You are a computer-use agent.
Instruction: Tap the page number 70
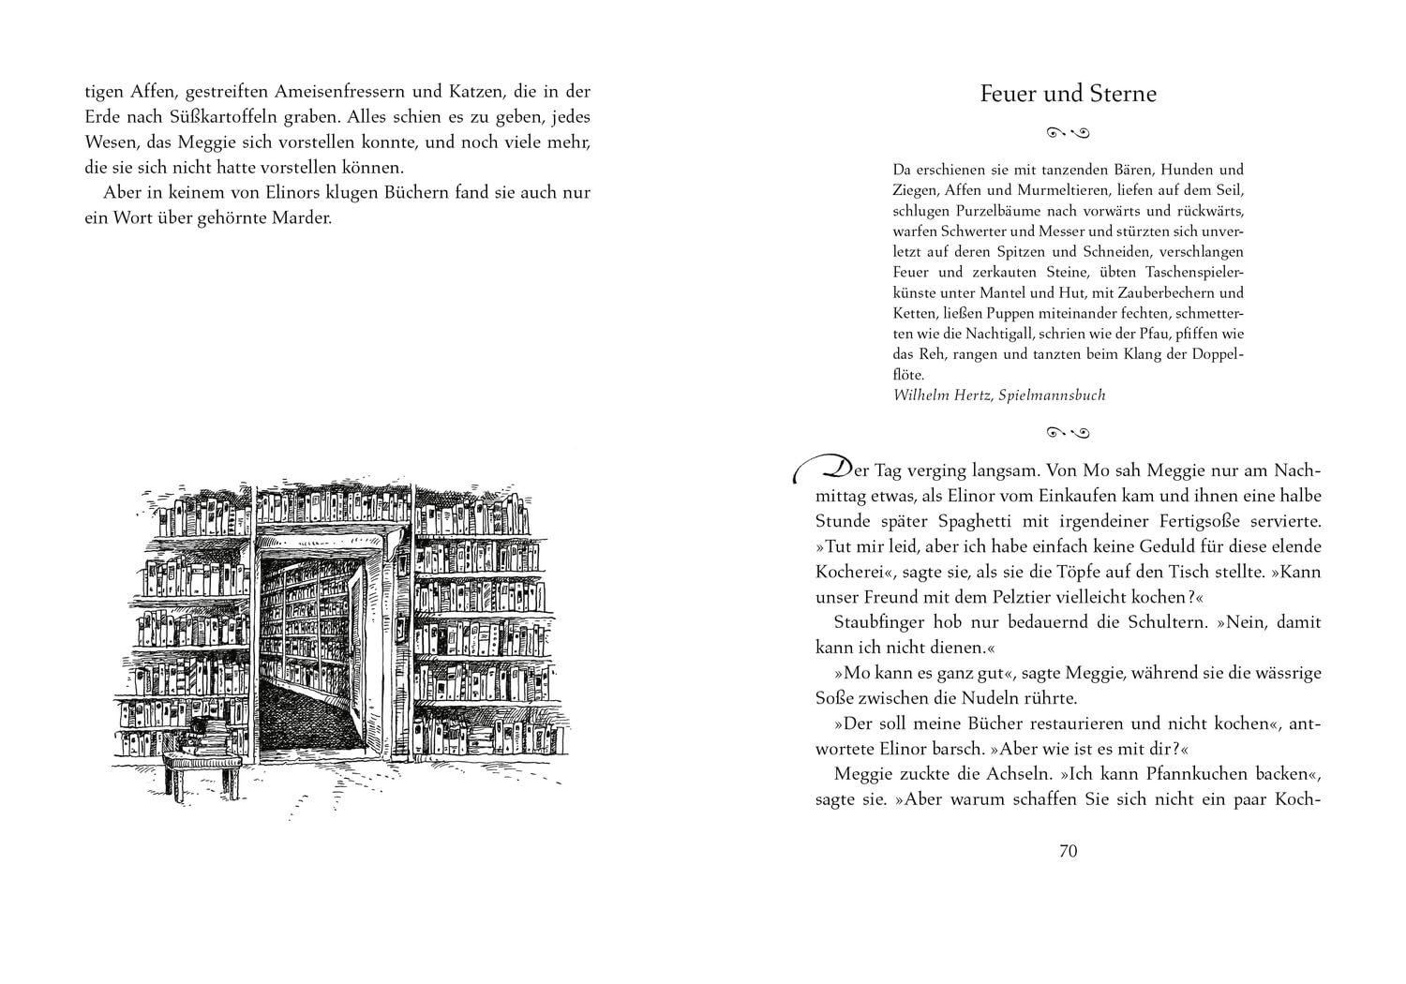coord(1068,851)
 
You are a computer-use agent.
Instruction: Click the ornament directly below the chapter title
coord(1068,132)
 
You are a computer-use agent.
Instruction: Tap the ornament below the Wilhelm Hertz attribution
coord(1068,432)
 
